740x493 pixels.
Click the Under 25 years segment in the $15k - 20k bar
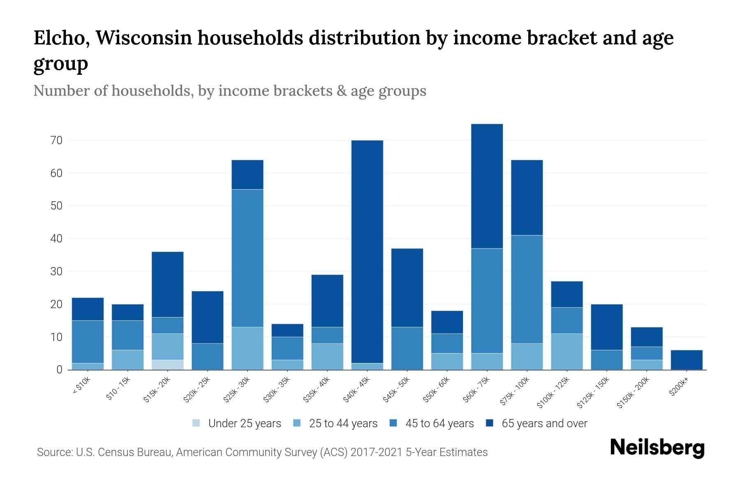(168, 365)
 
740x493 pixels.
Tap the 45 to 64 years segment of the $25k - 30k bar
(247, 258)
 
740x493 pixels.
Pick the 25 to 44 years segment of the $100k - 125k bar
(567, 352)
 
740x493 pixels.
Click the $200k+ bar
(687, 360)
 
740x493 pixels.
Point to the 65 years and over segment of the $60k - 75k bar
(487, 186)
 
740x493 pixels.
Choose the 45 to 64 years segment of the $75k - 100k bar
(527, 289)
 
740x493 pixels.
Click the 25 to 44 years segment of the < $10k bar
(88, 366)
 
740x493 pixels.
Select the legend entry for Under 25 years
(245, 424)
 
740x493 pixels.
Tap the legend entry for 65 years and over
(544, 424)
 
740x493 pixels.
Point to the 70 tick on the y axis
(57, 141)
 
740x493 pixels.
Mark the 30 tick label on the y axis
(57, 272)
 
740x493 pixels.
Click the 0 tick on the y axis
(60, 370)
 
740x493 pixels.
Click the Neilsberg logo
(657, 448)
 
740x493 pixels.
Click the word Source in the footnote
(53, 452)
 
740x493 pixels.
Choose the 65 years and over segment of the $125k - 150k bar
(606, 327)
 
